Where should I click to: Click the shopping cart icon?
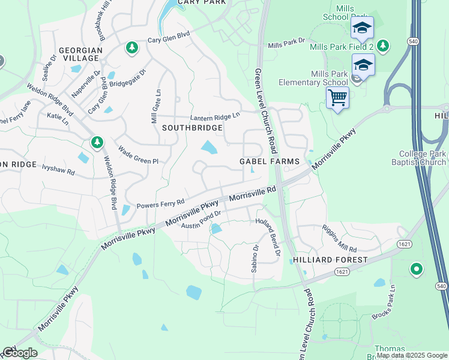click(337, 97)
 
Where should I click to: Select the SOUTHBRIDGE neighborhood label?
click(192, 128)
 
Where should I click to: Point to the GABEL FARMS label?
click(269, 161)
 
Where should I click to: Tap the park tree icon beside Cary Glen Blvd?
click(131, 47)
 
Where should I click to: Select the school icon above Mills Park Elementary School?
click(363, 64)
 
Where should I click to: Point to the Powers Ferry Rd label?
click(160, 205)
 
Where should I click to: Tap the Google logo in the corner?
click(19, 353)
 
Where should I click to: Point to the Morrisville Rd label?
click(252, 193)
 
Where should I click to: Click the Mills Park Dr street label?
click(286, 44)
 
